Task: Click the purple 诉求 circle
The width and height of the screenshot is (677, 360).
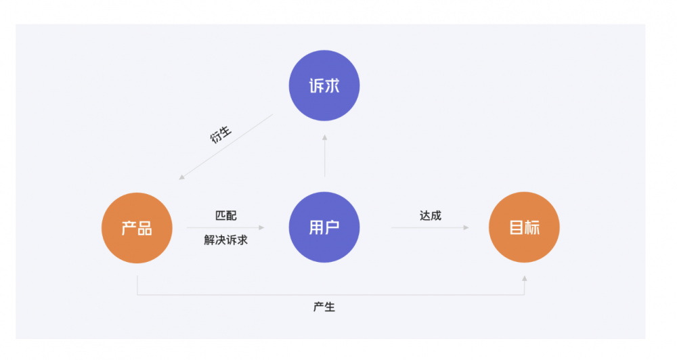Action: pos(324,85)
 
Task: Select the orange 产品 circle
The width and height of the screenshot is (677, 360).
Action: pos(137,228)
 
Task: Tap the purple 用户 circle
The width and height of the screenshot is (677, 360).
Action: pos(324,227)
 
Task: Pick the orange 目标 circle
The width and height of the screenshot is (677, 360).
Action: pos(524,227)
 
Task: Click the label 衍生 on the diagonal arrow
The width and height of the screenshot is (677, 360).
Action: pos(221,134)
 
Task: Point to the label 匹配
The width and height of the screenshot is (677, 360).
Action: pos(226,215)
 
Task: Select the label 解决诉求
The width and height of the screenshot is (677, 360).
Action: pos(226,240)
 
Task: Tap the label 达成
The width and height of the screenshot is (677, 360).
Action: pos(431,215)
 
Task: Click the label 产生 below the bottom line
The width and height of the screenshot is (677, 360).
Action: pos(324,307)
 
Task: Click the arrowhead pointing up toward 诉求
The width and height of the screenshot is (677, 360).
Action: pos(325,137)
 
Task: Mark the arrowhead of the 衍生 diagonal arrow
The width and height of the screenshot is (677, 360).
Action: pos(181,177)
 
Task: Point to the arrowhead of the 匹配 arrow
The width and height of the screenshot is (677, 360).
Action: pos(261,227)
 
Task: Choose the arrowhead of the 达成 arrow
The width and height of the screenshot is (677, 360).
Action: pos(466,227)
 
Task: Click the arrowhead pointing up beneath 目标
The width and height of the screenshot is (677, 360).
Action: pos(525,278)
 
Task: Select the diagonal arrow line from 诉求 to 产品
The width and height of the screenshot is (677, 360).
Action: pos(226,147)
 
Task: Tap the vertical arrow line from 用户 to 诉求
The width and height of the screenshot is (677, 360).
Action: pos(325,156)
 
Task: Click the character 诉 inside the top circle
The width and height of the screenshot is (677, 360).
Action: pos(316,85)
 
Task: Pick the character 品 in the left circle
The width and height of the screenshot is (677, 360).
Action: pos(145,228)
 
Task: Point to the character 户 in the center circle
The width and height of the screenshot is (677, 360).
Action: pos(332,227)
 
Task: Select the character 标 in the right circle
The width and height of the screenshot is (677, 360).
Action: pos(532,227)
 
